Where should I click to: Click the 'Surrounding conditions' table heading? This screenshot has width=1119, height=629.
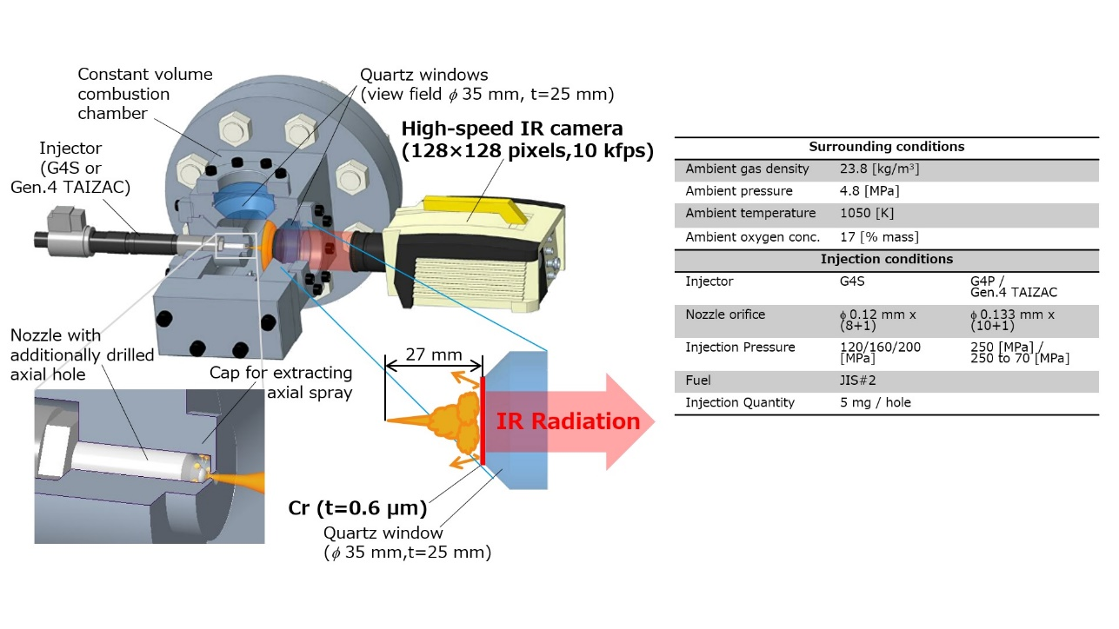pyautogui.click(x=886, y=147)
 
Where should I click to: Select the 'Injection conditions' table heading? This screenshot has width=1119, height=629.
pyautogui.click(x=886, y=259)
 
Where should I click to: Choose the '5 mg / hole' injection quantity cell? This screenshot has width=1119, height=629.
pyautogui.click(x=869, y=402)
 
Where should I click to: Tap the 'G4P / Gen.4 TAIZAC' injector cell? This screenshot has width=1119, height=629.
pyautogui.click(x=1013, y=287)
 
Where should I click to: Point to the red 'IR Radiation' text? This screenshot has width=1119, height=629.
pyautogui.click(x=568, y=422)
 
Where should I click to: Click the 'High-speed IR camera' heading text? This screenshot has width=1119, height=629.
pyautogui.click(x=526, y=140)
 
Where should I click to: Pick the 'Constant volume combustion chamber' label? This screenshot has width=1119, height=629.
pyautogui.click(x=145, y=94)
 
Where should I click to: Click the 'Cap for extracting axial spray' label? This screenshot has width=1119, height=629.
pyautogui.click(x=281, y=382)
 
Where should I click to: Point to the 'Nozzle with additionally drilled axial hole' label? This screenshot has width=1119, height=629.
pyautogui.click(x=82, y=354)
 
